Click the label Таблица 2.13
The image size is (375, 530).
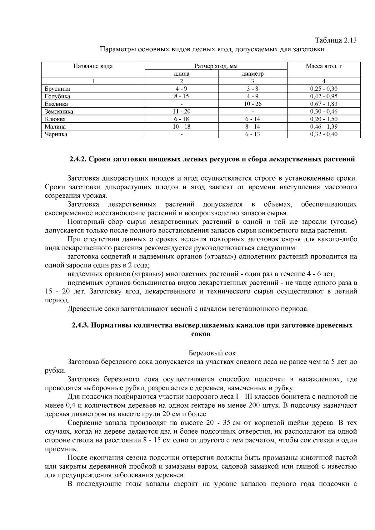[x=336, y=40]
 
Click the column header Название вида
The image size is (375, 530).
[x=93, y=66]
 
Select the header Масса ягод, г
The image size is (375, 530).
[x=323, y=66]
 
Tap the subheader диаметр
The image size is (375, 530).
[x=252, y=74]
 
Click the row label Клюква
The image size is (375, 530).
[x=55, y=119]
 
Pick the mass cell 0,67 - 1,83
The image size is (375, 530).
[x=323, y=104]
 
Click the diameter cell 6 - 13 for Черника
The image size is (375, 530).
[x=252, y=135]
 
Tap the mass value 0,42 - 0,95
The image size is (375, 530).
[x=323, y=96]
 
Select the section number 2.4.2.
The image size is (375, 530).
[x=78, y=159]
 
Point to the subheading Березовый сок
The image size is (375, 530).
[x=212, y=353]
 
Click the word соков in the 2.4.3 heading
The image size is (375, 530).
[x=201, y=334]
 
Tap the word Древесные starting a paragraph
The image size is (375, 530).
[x=82, y=309]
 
